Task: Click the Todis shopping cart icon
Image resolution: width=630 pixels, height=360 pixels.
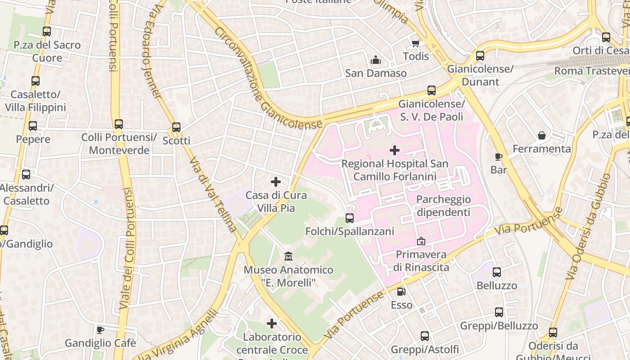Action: [415, 44]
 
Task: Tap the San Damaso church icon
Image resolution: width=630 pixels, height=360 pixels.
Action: [376, 60]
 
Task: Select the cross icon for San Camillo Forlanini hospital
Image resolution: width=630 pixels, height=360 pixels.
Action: [395, 150]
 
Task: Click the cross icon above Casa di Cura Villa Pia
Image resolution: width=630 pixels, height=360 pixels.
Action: [276, 182]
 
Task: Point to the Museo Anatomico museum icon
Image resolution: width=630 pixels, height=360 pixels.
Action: [288, 256]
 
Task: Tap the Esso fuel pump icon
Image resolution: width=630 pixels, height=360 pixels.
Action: [401, 292]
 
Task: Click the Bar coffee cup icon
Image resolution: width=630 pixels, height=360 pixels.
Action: [498, 157]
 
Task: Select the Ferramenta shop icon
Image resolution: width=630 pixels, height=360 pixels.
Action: [542, 135]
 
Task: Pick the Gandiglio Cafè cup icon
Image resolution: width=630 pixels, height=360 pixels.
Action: [100, 330]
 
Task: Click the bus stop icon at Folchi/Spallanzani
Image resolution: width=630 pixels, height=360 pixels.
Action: [350, 218]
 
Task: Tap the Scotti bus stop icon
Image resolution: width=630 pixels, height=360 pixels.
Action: [176, 127]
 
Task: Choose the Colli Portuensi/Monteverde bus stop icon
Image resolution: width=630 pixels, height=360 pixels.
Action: [119, 124]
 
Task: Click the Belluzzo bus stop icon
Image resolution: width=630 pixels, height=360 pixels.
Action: [497, 272]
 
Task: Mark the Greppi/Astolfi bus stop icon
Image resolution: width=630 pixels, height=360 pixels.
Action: [425, 336]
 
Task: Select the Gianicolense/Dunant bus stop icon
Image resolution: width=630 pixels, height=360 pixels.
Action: [480, 56]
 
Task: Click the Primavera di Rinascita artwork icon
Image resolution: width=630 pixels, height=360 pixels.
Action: [421, 242]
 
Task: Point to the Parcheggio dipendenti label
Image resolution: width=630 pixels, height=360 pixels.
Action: [443, 206]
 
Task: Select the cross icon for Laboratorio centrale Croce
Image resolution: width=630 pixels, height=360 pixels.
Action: [272, 324]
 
